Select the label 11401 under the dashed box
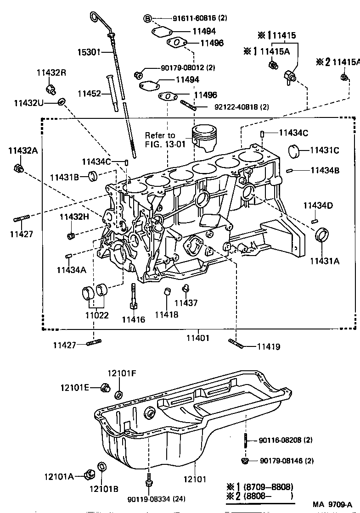point(198,338)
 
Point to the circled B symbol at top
point(147,18)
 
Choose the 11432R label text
point(51,72)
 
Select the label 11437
point(186,303)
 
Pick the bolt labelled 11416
point(133,297)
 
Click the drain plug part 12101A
point(89,474)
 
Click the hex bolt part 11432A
point(18,168)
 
